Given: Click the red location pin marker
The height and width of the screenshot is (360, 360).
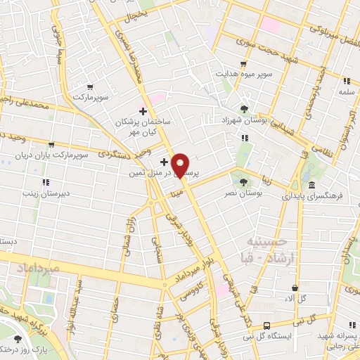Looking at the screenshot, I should tap(180, 165).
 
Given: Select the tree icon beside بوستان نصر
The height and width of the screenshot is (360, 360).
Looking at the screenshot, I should tap(243, 181).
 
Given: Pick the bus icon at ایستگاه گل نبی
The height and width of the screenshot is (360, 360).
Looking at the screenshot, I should tap(266, 326).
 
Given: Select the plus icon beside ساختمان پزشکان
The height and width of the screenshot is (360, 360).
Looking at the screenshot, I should tap(143, 111).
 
